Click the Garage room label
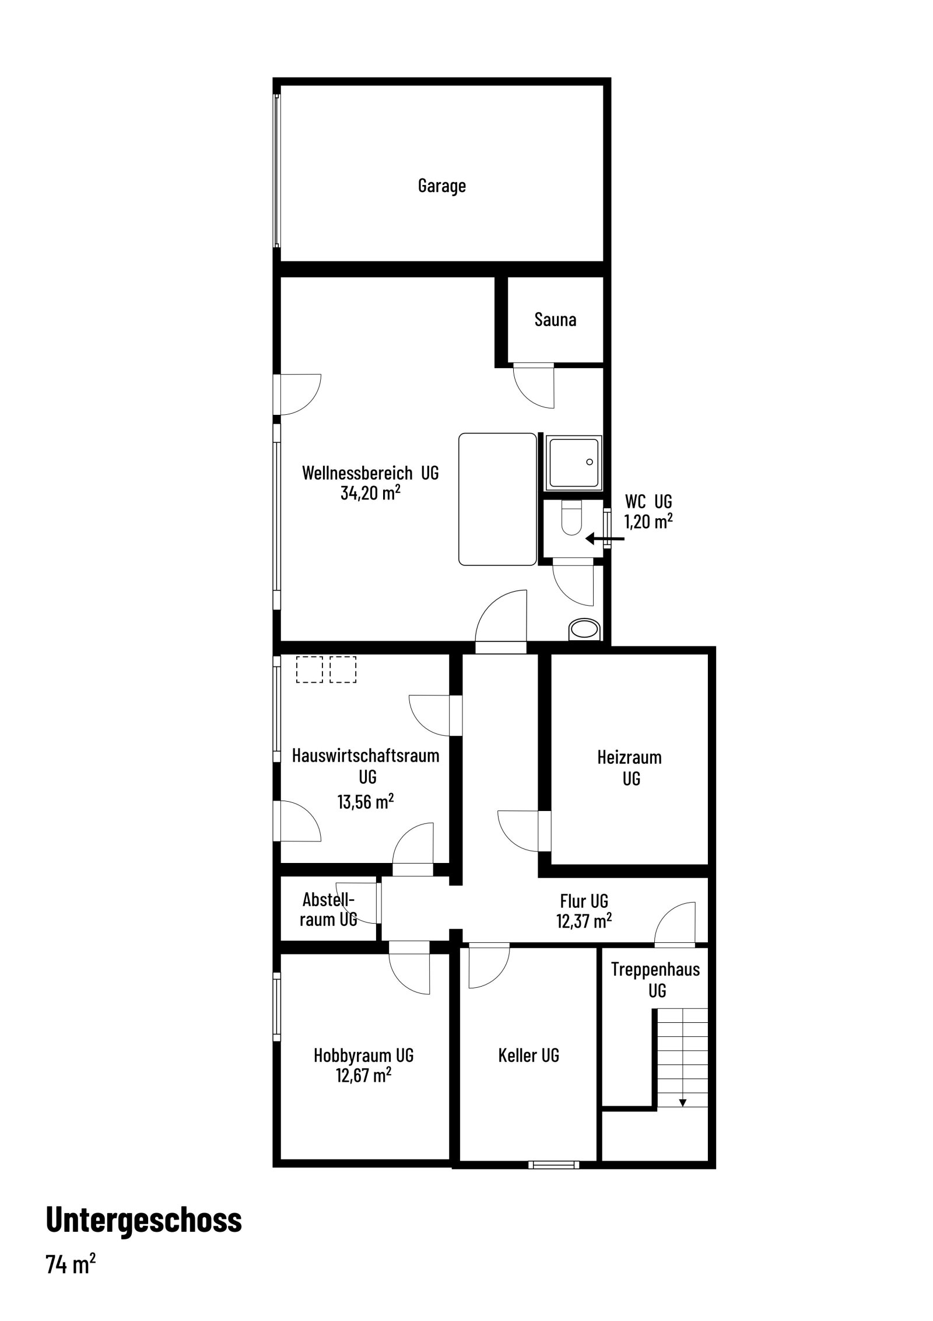pyautogui.click(x=441, y=186)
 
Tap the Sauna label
pyautogui.click(x=555, y=319)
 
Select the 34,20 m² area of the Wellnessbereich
pyautogui.click(x=370, y=492)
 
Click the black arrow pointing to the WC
pyautogui.click(x=604, y=539)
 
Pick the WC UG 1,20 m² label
pyautogui.click(x=648, y=511)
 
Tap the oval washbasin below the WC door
pyautogui.click(x=583, y=630)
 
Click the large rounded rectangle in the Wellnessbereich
pyautogui.click(x=497, y=499)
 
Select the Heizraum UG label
pyautogui.click(x=630, y=768)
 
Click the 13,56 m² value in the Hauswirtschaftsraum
pyautogui.click(x=365, y=801)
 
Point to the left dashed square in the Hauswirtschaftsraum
pyautogui.click(x=309, y=669)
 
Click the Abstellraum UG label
pyautogui.click(x=328, y=909)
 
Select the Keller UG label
pyautogui.click(x=528, y=1055)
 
